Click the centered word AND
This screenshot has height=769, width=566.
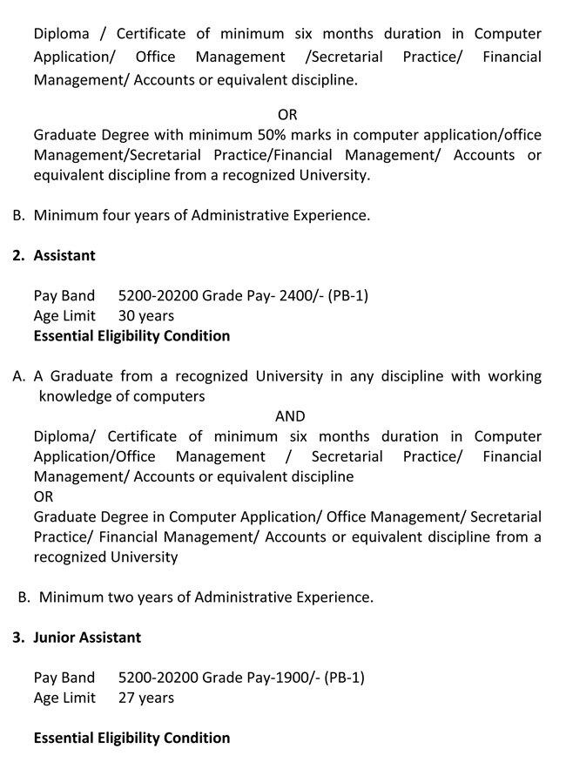(290, 416)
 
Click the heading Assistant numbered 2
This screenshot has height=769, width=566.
(64, 255)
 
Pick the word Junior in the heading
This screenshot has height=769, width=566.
(54, 637)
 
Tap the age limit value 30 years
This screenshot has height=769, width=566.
(146, 315)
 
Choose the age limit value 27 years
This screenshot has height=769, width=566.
(146, 698)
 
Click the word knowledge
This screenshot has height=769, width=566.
(76, 396)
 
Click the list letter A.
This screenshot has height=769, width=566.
(18, 376)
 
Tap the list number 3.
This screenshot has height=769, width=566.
(17, 637)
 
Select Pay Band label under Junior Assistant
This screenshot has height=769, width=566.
(64, 678)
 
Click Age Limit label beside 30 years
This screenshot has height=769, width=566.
(64, 315)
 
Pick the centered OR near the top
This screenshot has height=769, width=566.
(287, 115)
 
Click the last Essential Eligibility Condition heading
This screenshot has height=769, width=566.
(131, 738)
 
